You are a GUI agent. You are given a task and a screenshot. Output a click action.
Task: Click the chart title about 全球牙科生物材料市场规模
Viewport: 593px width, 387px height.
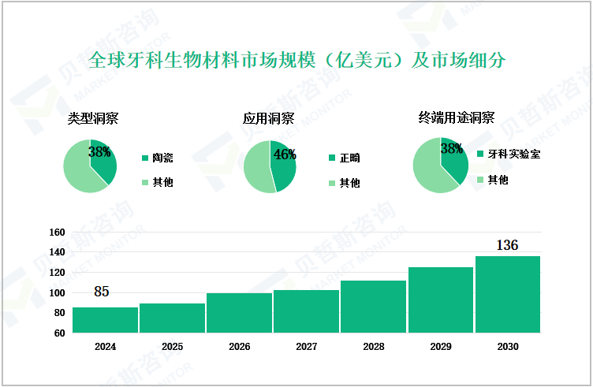tap(296, 61)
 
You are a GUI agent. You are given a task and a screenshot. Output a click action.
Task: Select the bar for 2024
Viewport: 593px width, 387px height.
tap(105, 320)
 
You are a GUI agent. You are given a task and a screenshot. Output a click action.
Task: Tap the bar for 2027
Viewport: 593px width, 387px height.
tap(306, 311)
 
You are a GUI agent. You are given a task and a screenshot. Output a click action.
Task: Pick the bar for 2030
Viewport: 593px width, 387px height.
tap(507, 294)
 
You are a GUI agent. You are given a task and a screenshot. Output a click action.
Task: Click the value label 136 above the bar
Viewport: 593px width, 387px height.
tap(507, 245)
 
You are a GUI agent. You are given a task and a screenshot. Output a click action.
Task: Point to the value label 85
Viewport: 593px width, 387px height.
tap(101, 292)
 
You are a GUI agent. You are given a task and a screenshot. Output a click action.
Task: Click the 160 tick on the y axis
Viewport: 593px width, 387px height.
tap(56, 233)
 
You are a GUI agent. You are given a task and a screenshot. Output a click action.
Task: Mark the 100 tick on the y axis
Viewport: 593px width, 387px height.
tap(56, 293)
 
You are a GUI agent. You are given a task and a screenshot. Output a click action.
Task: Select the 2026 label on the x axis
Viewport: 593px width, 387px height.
tap(239, 347)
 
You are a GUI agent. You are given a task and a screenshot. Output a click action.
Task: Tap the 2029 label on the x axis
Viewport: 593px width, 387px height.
tap(440, 347)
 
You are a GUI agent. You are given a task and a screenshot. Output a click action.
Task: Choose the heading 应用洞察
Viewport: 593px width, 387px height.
tap(269, 119)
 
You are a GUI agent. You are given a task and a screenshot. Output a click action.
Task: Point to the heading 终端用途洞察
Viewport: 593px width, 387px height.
tap(456, 118)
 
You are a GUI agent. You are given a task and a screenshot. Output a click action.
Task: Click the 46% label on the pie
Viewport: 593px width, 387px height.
tap(285, 154)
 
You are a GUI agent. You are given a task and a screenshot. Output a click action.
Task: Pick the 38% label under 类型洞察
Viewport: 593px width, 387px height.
tap(99, 151)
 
